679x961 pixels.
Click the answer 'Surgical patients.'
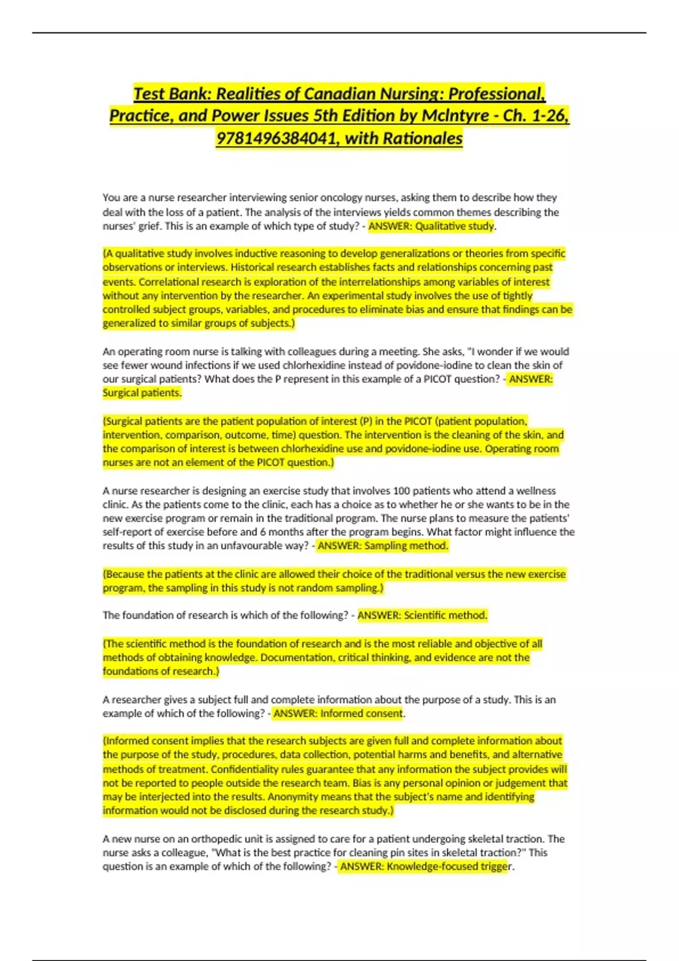pyautogui.click(x=141, y=393)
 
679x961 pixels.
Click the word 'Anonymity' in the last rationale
pyautogui.click(x=290, y=796)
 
